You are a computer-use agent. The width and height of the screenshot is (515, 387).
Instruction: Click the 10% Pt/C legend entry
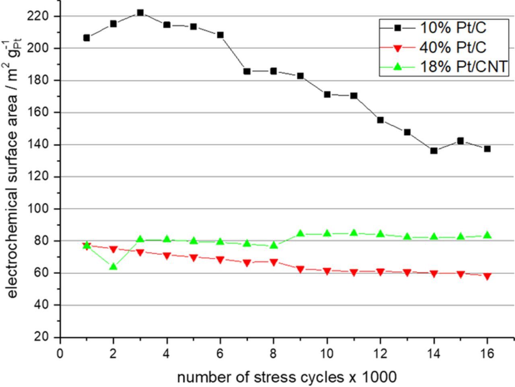coord(453,28)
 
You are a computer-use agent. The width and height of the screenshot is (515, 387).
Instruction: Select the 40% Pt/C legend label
coord(453,47)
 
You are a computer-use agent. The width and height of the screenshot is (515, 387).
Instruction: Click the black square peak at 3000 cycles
coord(140,13)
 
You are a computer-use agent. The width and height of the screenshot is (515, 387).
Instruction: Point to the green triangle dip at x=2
coord(113,266)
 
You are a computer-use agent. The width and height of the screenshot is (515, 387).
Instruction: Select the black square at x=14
coord(434,151)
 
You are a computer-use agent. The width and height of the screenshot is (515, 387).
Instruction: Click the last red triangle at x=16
coord(487,276)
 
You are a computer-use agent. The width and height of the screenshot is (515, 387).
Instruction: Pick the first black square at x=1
coord(87,38)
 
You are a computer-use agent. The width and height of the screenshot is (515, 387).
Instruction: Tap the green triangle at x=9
coord(300,233)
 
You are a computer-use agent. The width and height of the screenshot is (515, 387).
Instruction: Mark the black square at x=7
coord(247,71)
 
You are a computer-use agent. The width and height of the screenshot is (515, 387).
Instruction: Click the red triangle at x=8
coord(274,262)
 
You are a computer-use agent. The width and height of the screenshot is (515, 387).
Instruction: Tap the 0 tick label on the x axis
coord(60,354)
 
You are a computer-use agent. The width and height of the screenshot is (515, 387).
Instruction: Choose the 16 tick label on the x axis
coord(487,354)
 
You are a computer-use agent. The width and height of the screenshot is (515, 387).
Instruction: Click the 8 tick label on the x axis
coord(274,354)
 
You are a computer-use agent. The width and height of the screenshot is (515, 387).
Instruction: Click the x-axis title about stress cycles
coord(286,377)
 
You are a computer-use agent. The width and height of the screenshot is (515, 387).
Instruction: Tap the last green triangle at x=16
coord(487,235)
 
